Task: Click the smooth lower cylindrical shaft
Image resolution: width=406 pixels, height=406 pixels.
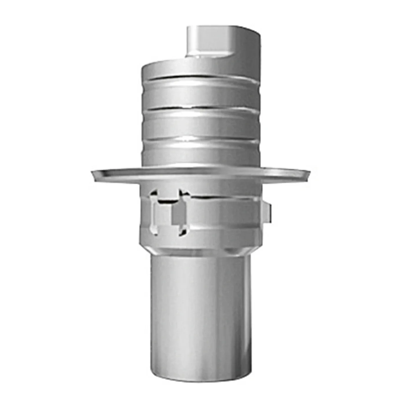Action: tap(200, 313)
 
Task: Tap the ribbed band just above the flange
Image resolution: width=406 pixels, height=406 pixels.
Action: tap(200, 155)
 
